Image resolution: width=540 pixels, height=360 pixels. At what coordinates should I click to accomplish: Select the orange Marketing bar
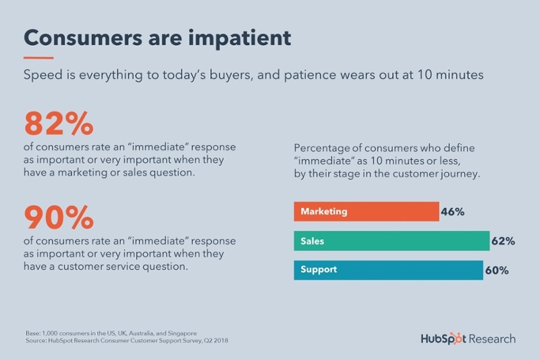[366, 211]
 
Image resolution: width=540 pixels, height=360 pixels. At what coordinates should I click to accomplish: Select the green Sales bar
[391, 240]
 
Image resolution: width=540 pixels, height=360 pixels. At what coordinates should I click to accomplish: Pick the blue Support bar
[388, 269]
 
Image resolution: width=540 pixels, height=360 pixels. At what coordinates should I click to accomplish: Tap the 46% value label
[452, 211]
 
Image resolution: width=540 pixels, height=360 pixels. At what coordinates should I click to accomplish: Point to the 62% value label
[503, 240]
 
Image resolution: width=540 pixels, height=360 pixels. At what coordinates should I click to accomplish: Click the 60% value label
[496, 270]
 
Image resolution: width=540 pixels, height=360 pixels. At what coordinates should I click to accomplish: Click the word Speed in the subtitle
[42, 76]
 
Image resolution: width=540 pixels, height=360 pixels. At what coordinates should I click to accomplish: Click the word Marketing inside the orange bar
[324, 211]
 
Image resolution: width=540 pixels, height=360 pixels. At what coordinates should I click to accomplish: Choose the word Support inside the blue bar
[319, 269]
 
